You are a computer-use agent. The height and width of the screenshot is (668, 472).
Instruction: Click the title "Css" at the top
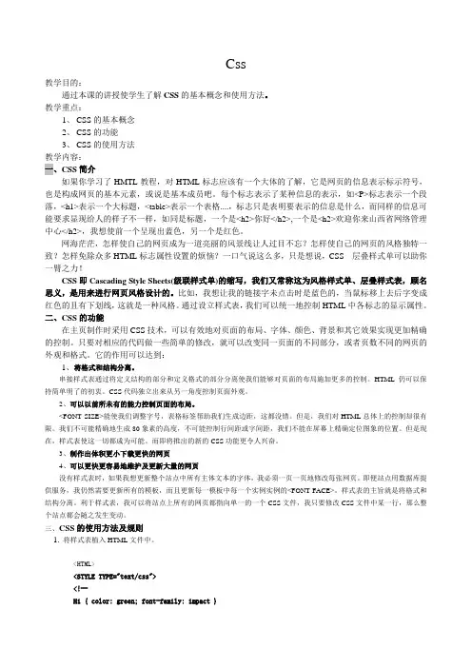click(236, 64)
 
